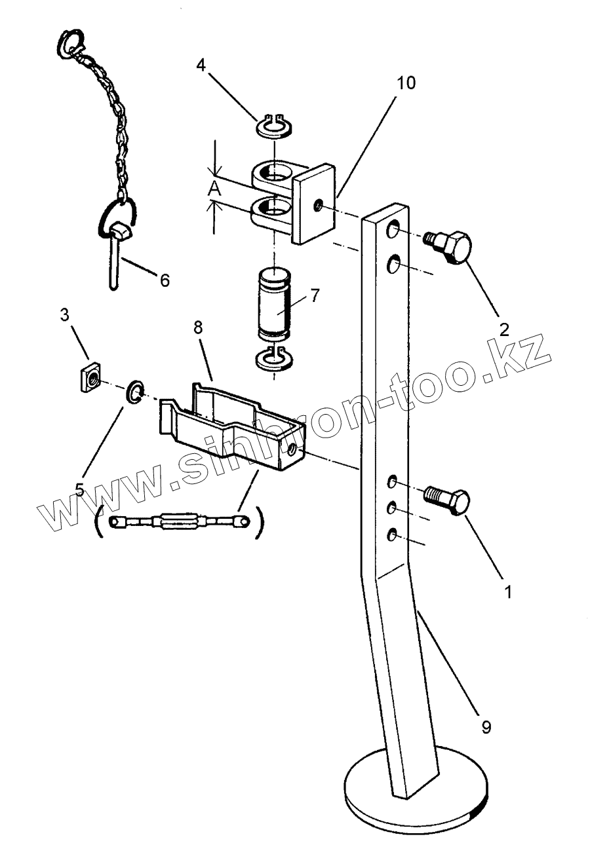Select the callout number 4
tap(202, 66)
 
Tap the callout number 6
tap(164, 280)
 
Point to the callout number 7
tap(315, 295)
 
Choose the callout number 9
tap(486, 726)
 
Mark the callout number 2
tap(503, 329)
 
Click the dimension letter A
tap(213, 190)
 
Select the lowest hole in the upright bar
tap(391, 535)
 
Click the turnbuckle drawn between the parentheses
tap(179, 523)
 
